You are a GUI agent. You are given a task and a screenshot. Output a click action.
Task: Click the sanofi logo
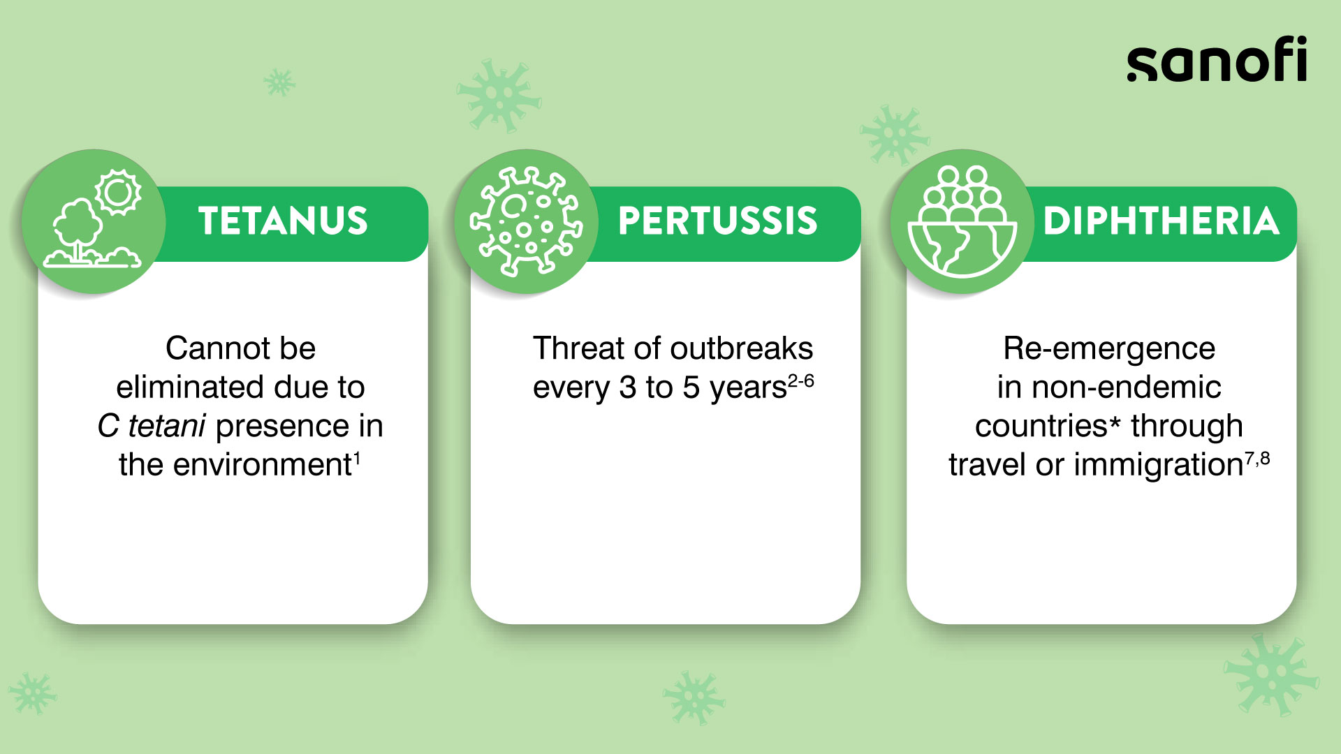click(x=1216, y=60)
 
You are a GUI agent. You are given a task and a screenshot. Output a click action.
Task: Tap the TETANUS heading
click(x=283, y=221)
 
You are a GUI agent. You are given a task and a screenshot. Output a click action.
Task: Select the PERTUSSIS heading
click(x=717, y=221)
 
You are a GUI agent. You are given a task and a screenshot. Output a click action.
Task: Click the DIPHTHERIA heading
click(x=1161, y=221)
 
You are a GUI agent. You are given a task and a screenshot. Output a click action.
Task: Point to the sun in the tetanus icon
click(x=118, y=192)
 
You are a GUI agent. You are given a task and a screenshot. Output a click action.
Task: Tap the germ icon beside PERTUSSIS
click(x=526, y=221)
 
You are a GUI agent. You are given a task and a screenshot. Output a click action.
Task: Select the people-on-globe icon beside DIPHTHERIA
click(x=962, y=221)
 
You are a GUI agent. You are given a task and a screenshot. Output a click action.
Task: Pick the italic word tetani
click(x=167, y=426)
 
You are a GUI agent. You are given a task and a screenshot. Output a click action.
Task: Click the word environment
click(x=262, y=465)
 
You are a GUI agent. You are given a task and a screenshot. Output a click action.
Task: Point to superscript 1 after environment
click(x=357, y=459)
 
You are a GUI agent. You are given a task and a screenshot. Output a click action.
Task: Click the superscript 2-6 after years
click(x=801, y=381)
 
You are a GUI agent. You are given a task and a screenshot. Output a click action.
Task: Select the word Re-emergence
click(x=1109, y=348)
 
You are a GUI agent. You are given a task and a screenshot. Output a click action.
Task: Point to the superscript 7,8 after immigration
click(x=1257, y=459)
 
